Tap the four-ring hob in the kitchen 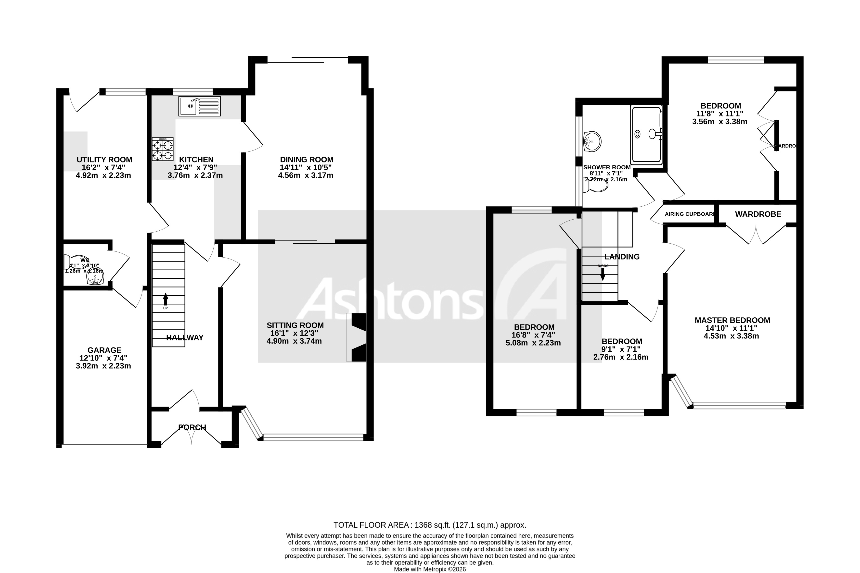pyautogui.click(x=163, y=149)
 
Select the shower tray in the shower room pyautogui.click(x=646, y=134)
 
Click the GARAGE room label pyautogui.click(x=104, y=350)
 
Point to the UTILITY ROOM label pyautogui.click(x=104, y=160)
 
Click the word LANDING pyautogui.click(x=622, y=257)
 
